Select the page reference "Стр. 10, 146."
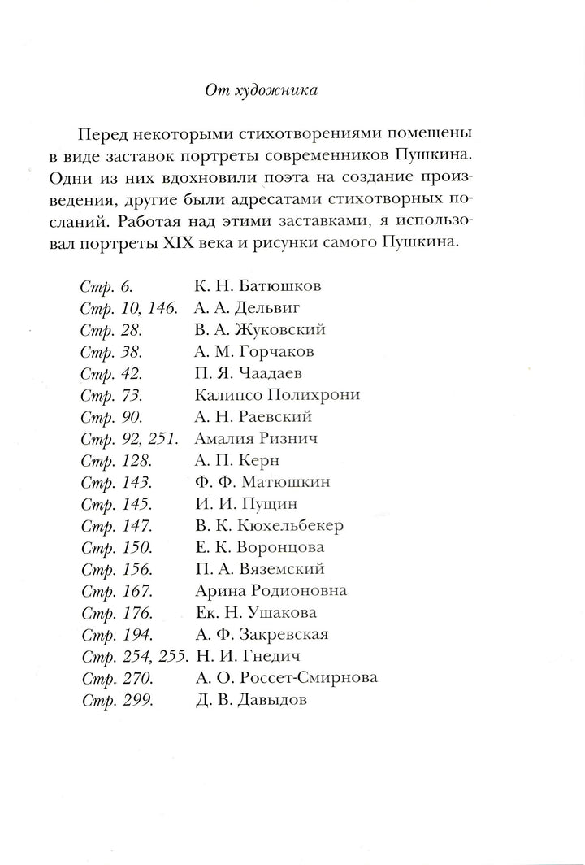pos(133,308)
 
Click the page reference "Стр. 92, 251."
pos(133,439)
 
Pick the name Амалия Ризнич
pos(256,439)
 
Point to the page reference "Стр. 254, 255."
pos(134,656)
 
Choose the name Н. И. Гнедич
pos(246,656)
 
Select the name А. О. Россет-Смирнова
pos(287,678)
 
